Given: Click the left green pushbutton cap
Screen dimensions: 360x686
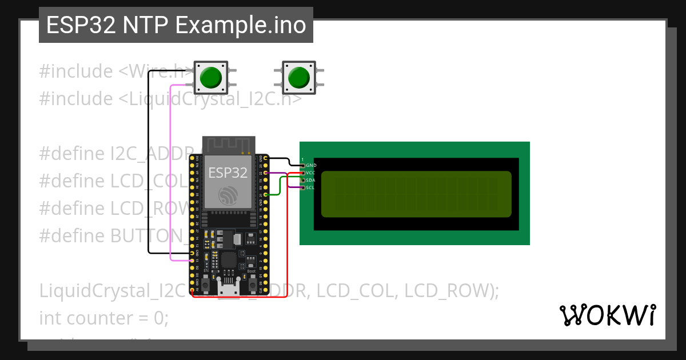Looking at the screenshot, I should [211, 77].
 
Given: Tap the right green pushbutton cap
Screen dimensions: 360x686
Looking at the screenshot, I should [299, 77].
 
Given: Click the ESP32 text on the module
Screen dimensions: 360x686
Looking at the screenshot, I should [228, 173].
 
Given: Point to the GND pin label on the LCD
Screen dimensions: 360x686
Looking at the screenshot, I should [311, 165].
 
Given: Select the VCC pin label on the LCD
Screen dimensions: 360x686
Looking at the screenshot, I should [310, 173].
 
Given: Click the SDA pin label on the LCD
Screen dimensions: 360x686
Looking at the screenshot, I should [310, 180].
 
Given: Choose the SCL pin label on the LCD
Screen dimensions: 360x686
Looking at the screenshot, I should [310, 187].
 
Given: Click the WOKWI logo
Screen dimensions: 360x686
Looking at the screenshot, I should [607, 315].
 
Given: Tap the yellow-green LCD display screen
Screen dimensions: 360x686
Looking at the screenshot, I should [416, 194].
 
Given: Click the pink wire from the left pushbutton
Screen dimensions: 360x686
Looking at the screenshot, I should [170, 171].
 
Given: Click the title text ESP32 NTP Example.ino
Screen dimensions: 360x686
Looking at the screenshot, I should [176, 26].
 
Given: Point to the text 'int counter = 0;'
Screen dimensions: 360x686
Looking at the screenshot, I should [103, 318].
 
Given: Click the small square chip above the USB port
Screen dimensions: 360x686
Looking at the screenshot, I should [229, 260].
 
